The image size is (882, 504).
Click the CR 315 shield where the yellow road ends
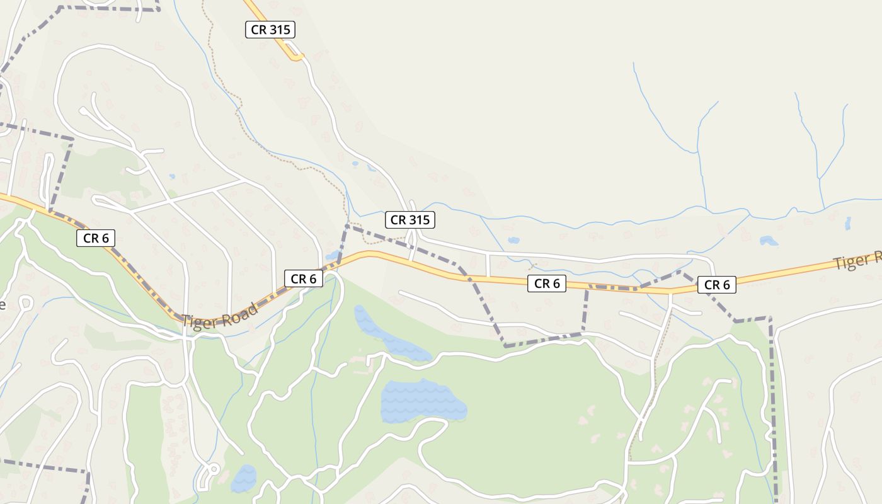pyautogui.click(x=270, y=29)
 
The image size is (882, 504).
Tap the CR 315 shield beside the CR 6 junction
pyautogui.click(x=410, y=220)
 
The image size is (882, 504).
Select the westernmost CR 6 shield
pyautogui.click(x=96, y=238)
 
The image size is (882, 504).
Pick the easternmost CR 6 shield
pyautogui.click(x=717, y=285)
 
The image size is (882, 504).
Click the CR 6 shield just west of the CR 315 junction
pyautogui.click(x=303, y=278)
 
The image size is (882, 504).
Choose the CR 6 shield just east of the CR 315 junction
pyautogui.click(x=547, y=283)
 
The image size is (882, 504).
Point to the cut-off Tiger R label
pyautogui.click(x=857, y=261)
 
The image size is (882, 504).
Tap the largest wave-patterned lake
pyautogui.click(x=422, y=402)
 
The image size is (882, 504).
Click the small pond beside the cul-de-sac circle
pyautogui.click(x=243, y=478)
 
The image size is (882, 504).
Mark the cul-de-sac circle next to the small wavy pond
pyautogui.click(x=214, y=469)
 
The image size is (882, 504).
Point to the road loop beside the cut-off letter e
pyautogui.click(x=25, y=303)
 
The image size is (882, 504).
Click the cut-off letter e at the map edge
pyautogui.click(x=3, y=306)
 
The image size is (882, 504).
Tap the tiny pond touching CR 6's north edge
pyautogui.click(x=332, y=256)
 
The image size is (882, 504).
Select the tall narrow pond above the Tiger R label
pyautogui.click(x=847, y=223)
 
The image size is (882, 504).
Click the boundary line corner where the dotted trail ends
pyautogui.click(x=347, y=225)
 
